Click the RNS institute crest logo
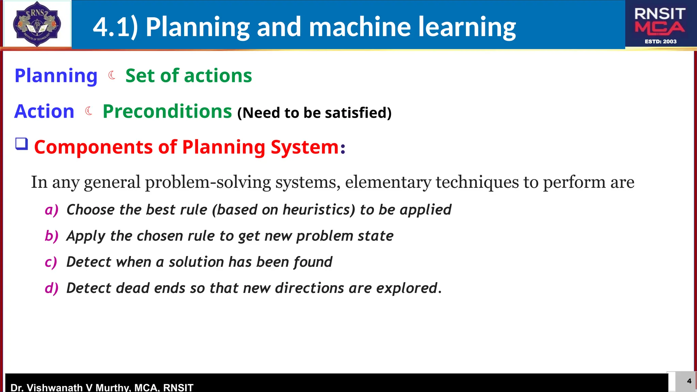37,24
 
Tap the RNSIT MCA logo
660,24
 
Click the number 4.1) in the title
115,27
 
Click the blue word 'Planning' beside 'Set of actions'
56,76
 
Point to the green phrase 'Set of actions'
189,76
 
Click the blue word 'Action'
44,112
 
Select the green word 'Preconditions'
167,112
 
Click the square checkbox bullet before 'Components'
21,144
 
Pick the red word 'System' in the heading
305,147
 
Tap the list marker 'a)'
52,210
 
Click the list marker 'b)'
52,236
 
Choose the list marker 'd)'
52,288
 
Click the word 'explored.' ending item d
409,288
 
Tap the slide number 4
689,381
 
